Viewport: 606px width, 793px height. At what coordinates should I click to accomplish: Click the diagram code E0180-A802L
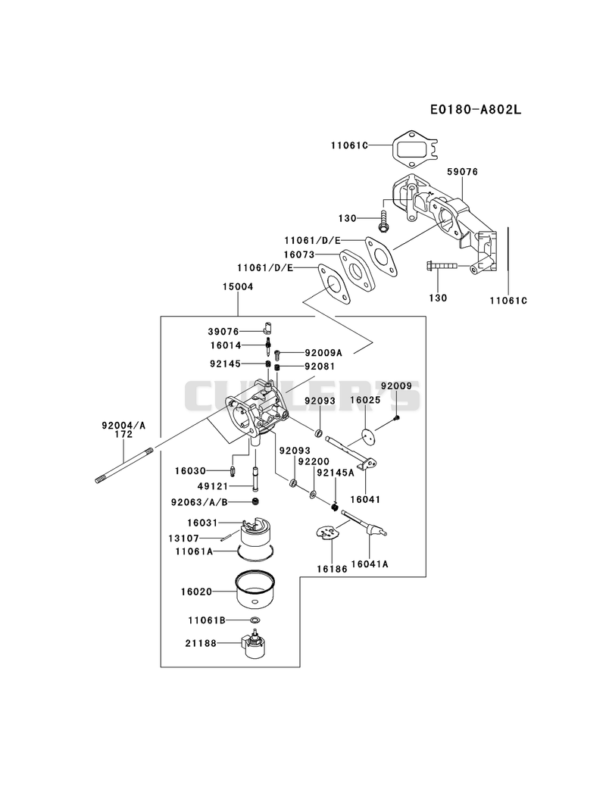476,109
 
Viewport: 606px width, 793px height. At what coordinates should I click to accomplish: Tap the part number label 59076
462,172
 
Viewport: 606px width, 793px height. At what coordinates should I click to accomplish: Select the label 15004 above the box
238,287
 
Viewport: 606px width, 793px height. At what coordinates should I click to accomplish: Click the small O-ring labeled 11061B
255,620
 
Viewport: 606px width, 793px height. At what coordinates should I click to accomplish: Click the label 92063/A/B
199,502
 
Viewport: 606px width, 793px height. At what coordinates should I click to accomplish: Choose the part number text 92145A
336,473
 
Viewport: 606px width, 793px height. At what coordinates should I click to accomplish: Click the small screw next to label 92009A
278,354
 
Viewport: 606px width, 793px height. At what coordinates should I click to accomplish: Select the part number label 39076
223,331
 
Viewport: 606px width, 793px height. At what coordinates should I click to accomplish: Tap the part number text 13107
183,539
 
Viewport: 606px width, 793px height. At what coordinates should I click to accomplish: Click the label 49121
214,486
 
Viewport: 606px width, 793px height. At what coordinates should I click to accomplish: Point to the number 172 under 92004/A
123,434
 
